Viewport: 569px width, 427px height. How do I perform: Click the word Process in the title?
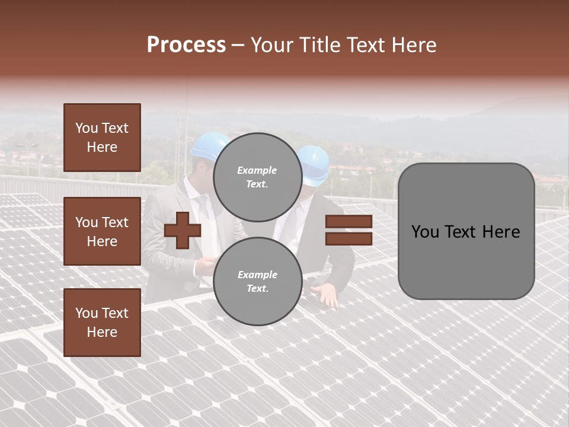click(x=186, y=45)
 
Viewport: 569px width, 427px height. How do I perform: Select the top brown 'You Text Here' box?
click(x=102, y=138)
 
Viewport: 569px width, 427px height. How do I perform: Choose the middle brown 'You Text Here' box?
click(x=102, y=231)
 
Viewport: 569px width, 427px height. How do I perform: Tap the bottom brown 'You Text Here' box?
click(x=102, y=323)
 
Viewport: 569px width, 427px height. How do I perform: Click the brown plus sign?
click(x=183, y=231)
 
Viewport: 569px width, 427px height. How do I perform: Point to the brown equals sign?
click(x=349, y=230)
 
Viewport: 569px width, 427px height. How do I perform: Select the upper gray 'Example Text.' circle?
click(x=257, y=177)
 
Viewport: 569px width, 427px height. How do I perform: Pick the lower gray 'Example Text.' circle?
click(x=257, y=282)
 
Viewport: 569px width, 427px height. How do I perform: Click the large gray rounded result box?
click(x=466, y=231)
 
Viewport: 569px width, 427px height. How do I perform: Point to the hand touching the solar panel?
click(x=327, y=294)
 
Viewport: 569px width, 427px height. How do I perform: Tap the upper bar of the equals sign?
click(x=349, y=222)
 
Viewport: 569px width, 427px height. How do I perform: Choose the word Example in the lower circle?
click(x=257, y=275)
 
